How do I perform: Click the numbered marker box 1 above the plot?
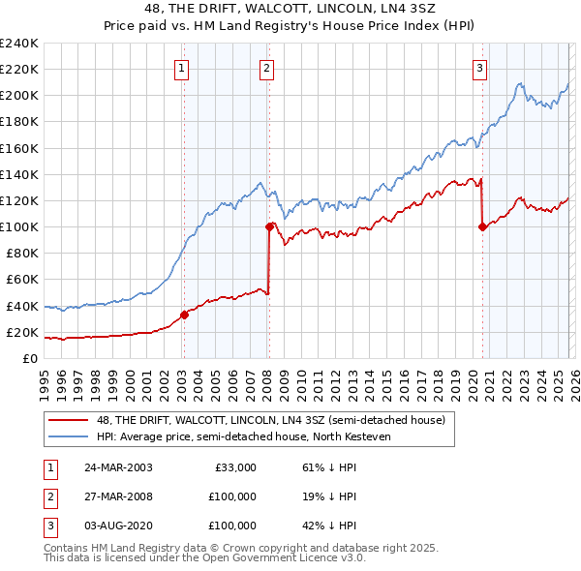click(x=183, y=68)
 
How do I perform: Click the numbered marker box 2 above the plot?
click(x=266, y=68)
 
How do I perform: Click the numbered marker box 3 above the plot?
click(x=480, y=68)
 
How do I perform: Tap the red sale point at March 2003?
click(x=184, y=315)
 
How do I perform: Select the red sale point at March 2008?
click(x=269, y=226)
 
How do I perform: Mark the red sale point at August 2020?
click(x=481, y=226)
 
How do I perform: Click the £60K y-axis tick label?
click(x=21, y=280)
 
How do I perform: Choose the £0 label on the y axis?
click(x=29, y=358)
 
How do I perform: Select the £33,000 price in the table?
click(x=234, y=467)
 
